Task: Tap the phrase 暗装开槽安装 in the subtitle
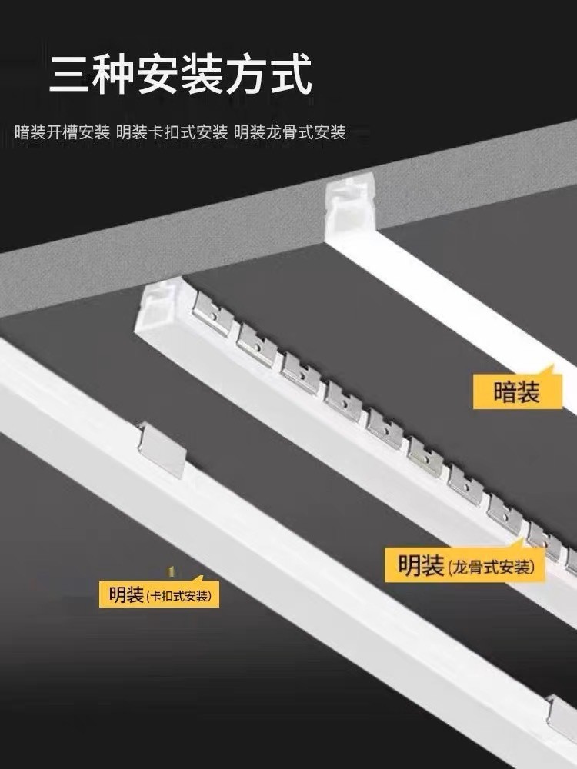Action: click(62, 132)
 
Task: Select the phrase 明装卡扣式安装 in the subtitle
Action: click(172, 132)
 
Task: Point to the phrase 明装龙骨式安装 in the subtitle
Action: click(290, 132)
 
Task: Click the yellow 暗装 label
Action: click(517, 392)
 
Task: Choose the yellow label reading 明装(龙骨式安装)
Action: click(465, 568)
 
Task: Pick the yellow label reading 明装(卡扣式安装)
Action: click(159, 594)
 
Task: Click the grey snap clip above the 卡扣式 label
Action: click(165, 448)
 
